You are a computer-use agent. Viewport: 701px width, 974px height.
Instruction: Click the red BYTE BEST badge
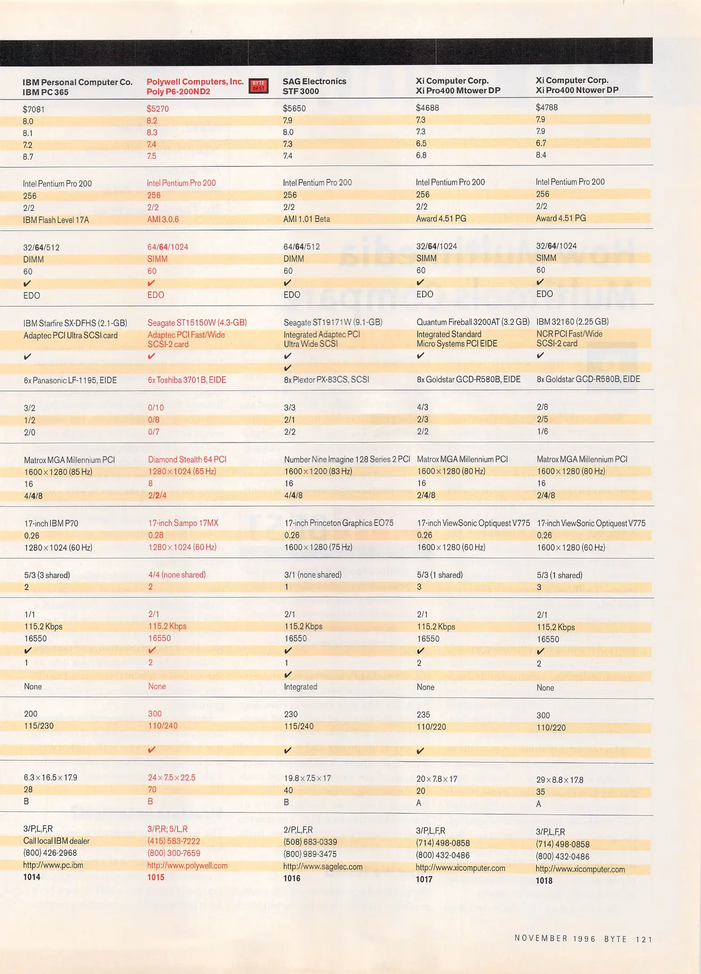click(x=258, y=86)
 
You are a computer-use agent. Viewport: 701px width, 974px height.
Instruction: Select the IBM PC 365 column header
click(x=77, y=87)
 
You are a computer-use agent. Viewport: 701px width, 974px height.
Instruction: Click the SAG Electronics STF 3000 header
click(x=314, y=86)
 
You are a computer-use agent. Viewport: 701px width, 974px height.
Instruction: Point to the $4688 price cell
click(x=427, y=108)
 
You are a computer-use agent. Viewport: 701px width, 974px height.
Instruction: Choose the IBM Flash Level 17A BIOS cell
click(x=56, y=220)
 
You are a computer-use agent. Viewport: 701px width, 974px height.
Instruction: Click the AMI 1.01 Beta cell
click(x=306, y=219)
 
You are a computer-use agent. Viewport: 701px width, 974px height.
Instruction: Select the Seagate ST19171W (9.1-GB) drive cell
click(x=333, y=322)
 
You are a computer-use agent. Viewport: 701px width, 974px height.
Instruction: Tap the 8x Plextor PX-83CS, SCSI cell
click(x=326, y=380)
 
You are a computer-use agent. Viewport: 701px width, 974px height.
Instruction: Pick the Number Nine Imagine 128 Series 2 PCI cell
click(x=347, y=459)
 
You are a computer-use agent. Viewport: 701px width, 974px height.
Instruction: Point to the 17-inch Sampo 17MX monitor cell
click(x=183, y=523)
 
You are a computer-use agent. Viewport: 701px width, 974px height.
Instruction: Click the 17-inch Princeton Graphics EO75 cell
click(x=339, y=523)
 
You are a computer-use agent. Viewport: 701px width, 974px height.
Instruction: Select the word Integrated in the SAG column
click(x=300, y=687)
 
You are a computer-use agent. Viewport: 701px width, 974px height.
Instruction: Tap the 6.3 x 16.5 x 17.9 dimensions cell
click(x=50, y=777)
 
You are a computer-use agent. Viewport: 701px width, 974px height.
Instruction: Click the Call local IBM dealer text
click(x=56, y=841)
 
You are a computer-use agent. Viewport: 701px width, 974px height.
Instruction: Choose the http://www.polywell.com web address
click(x=187, y=865)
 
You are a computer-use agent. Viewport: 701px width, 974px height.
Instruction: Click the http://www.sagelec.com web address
click(x=322, y=866)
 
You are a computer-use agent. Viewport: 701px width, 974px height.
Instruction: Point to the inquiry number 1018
click(x=544, y=881)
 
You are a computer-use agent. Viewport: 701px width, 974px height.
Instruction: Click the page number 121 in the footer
click(x=644, y=939)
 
